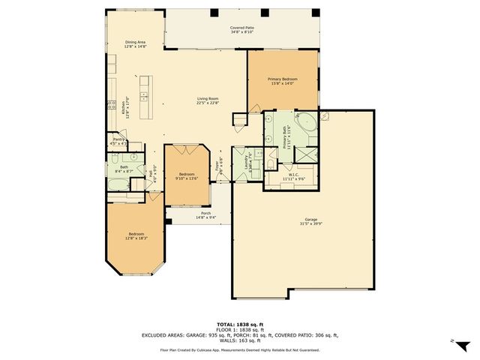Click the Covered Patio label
241,28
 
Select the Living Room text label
208,98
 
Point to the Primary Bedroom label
283,79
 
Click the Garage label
311,220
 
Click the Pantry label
118,139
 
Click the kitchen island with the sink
145,89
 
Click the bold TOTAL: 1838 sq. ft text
240,324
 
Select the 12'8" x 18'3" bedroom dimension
136,238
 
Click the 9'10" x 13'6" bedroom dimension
186,178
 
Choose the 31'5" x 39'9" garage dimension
311,224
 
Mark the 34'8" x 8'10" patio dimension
241,32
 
